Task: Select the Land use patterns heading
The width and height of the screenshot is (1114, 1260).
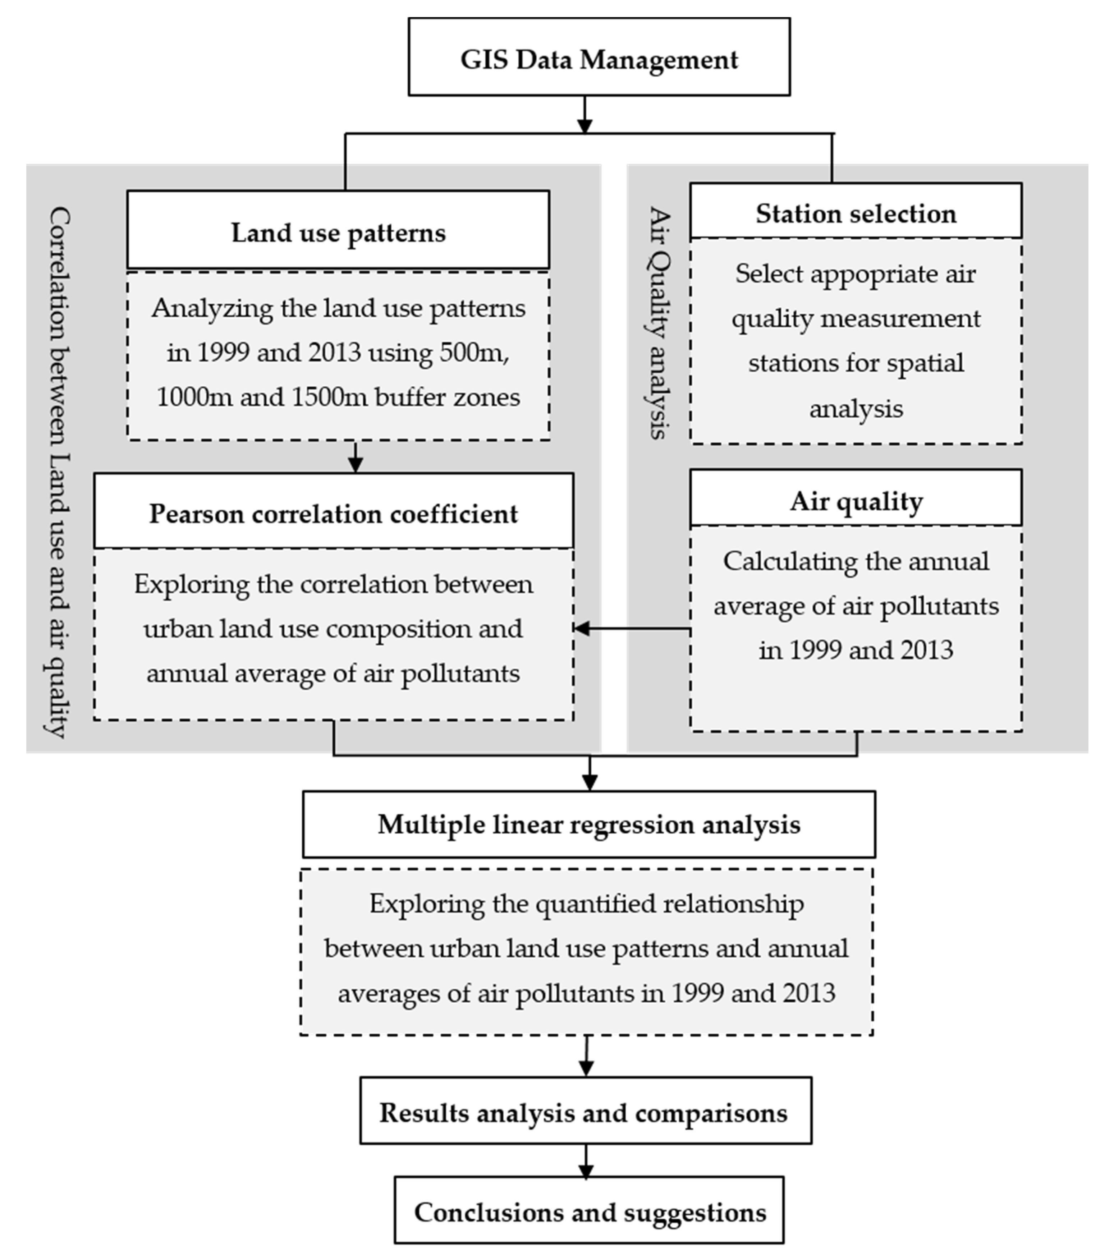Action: tap(338, 233)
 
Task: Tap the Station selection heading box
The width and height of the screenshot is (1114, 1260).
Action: tap(856, 213)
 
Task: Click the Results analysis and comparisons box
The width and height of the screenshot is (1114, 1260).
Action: tap(585, 1113)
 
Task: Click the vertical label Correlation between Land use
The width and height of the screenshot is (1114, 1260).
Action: tap(59, 472)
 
